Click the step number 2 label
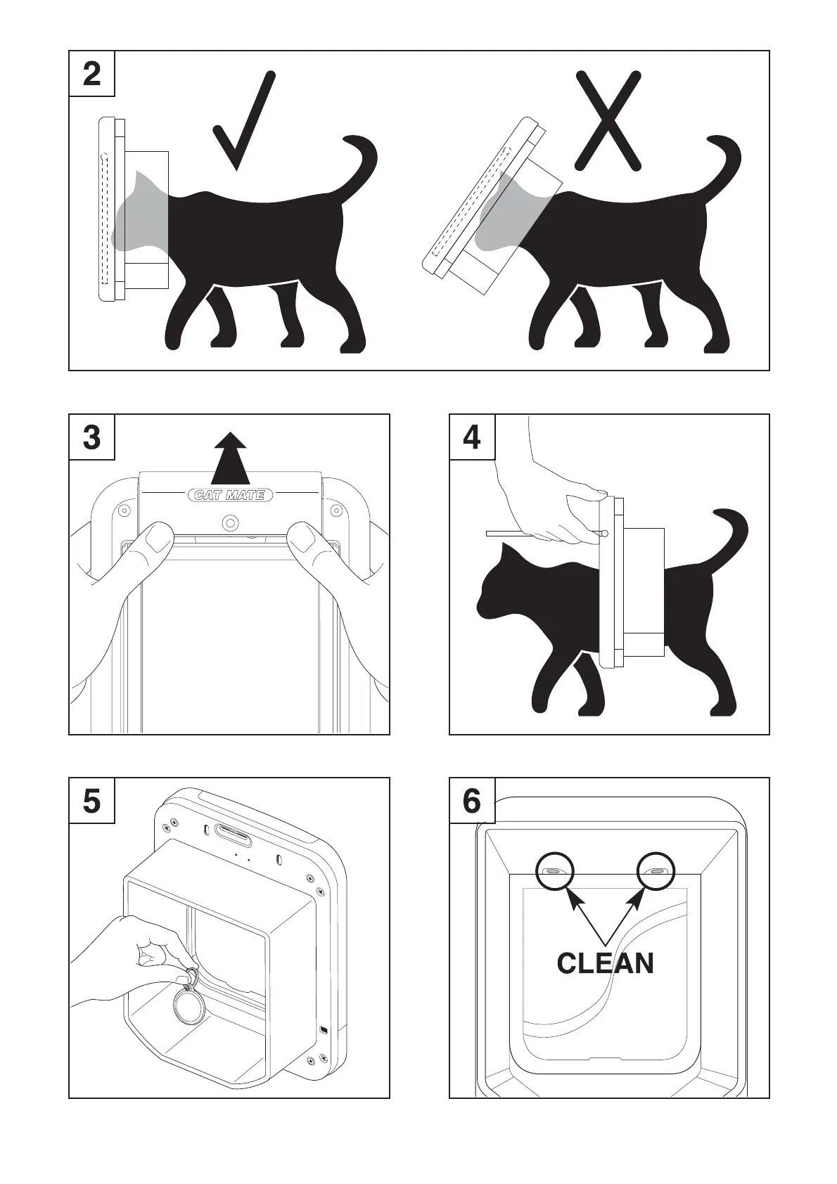pos(91,74)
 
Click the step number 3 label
pos(91,437)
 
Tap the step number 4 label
pos(472,437)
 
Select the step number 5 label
pos(91,802)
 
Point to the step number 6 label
pos(472,802)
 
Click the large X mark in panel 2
pos(608,120)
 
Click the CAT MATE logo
pos(230,495)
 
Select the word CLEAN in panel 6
pos(606,963)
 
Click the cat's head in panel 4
pos(502,586)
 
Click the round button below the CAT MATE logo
pos(231,523)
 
